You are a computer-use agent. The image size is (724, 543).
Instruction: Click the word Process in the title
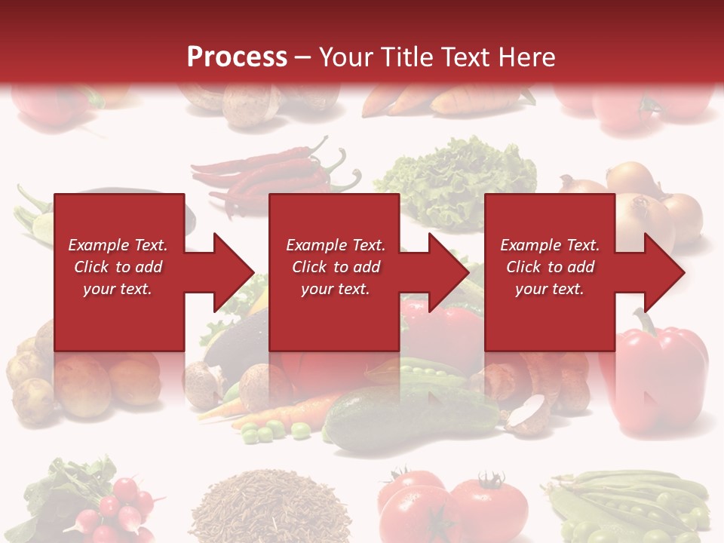point(237,57)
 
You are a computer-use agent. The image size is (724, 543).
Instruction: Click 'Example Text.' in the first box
point(118,245)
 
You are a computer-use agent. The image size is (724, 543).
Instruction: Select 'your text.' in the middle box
point(335,289)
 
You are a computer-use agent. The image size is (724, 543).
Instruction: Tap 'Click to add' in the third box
point(550,267)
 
